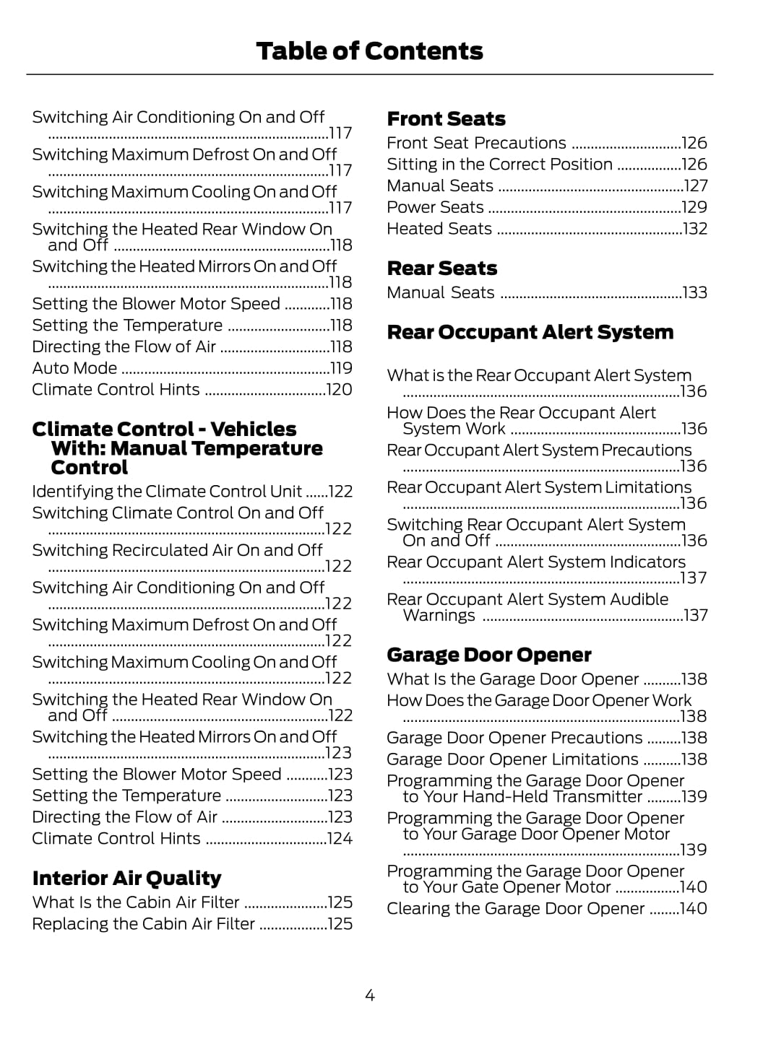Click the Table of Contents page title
point(369,51)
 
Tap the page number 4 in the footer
point(370,996)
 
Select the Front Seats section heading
point(446,119)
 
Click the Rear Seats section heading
point(441,269)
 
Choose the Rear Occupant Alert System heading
point(530,333)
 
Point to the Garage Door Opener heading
point(488,655)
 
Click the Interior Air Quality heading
point(126,879)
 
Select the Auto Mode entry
point(74,368)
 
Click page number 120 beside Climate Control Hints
point(339,390)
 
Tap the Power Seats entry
point(435,207)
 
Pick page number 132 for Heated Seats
point(694,229)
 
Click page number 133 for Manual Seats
point(694,293)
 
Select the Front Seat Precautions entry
point(476,143)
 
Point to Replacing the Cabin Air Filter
point(143,924)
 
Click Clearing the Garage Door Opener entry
point(515,909)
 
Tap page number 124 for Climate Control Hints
point(339,839)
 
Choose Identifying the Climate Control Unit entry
point(166,492)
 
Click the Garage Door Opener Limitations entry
point(512,759)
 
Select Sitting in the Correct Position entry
point(499,165)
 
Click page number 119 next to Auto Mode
point(340,368)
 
